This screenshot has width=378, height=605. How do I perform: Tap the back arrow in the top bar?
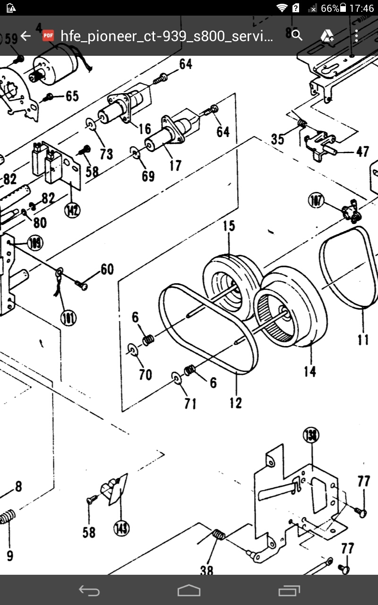pos(26,36)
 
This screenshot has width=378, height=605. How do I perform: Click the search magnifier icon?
pos(297,35)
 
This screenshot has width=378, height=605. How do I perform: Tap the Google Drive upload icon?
pos(327,36)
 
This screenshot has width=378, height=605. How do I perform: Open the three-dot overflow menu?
pos(356,36)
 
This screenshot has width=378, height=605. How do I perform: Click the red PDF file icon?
pos(48,36)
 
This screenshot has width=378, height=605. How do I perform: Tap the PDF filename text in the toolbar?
pos(167,36)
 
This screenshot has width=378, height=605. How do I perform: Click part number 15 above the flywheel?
pos(229,225)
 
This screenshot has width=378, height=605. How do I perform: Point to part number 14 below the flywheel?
pos(309,372)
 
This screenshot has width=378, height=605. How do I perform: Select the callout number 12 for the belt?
pos(236,403)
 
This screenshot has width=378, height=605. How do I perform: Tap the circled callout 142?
pos(72,210)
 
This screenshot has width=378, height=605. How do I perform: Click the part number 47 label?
pos(362,152)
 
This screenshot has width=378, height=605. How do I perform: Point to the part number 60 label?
pos(107,269)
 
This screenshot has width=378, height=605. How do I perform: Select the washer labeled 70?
pos(133,350)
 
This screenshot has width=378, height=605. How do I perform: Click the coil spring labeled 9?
pos(7,518)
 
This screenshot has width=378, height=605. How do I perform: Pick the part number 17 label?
pos(175,166)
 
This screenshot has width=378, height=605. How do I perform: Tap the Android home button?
pos(189,590)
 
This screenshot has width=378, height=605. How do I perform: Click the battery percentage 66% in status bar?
pos(330,8)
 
